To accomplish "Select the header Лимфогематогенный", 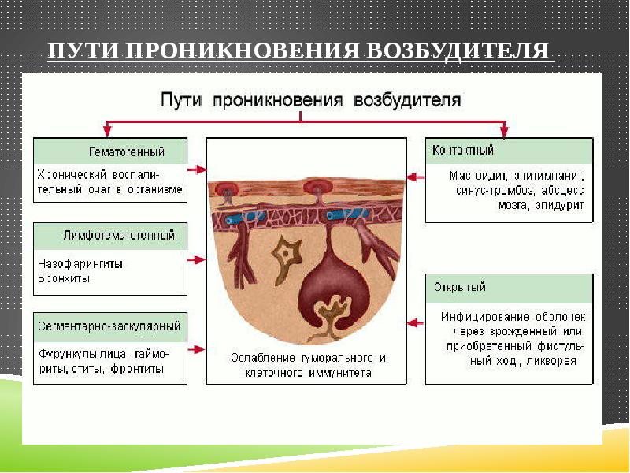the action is (x=118, y=235).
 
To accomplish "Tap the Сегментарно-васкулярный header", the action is (x=109, y=325).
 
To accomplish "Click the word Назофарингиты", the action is (x=80, y=263).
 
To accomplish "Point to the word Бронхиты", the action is (x=64, y=277).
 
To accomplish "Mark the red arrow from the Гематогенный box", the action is (x=197, y=169).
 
